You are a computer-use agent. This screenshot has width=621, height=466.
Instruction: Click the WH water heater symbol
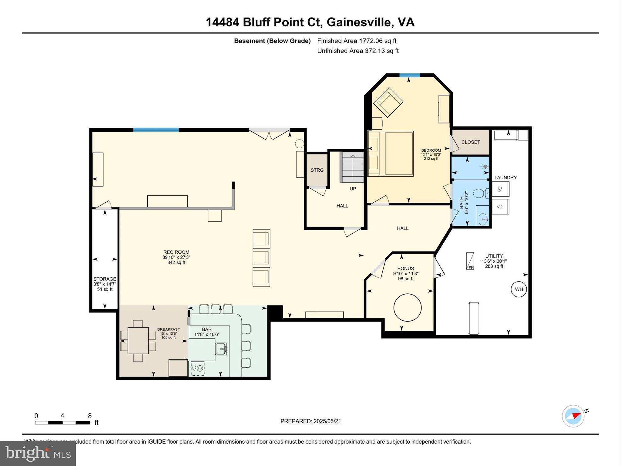tap(519, 289)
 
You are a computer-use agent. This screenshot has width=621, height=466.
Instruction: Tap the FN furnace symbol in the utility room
tap(470, 261)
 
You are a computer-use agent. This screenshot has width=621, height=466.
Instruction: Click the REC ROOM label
tap(176, 252)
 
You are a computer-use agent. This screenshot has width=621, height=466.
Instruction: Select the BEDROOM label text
tap(431, 150)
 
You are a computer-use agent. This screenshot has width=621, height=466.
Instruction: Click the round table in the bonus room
tap(407, 307)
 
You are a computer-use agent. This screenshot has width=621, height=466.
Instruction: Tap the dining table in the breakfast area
tap(138, 340)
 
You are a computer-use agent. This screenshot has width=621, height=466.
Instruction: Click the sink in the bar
tap(221, 349)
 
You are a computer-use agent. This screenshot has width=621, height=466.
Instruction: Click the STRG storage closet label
tap(317, 170)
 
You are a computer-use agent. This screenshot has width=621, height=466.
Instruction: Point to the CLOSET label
tap(471, 142)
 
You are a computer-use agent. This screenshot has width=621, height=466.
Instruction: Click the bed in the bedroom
tap(390, 154)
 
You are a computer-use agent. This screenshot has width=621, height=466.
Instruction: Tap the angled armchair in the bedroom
tap(388, 102)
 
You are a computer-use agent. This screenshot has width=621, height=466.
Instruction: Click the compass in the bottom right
tap(573, 416)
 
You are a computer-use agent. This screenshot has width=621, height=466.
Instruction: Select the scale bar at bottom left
tap(62, 423)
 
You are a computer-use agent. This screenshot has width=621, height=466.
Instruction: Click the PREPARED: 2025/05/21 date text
tap(310, 421)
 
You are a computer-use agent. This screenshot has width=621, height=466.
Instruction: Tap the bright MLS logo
tap(38, 454)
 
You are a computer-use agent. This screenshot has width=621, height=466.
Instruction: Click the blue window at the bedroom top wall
tap(409, 75)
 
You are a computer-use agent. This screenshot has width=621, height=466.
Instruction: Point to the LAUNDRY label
tap(505, 178)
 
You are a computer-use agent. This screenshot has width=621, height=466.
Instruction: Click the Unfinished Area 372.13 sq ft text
tap(357, 51)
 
